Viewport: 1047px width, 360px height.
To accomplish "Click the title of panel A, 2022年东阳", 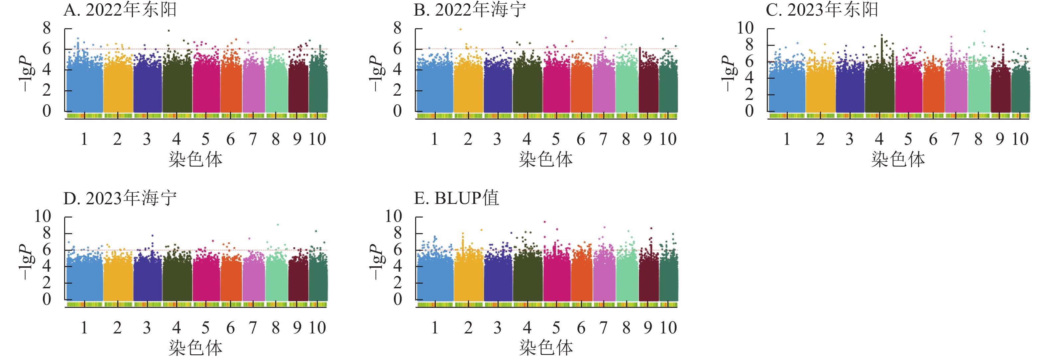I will tap(120, 10).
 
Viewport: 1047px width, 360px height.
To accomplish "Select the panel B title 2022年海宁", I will tap(470, 10).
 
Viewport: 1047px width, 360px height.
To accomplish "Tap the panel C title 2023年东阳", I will tap(822, 10).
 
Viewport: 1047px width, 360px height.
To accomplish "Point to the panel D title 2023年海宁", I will tap(120, 198).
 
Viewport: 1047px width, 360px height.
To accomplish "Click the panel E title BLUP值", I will tap(456, 198).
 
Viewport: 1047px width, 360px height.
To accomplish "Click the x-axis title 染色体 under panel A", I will tap(195, 159).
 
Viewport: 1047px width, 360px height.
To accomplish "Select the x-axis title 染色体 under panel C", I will tap(898, 159).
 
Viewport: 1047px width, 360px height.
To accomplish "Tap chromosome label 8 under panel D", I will tap(276, 327).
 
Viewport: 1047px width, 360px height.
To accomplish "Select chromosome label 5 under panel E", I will tap(556, 327).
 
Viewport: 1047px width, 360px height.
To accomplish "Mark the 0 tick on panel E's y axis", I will tap(398, 300).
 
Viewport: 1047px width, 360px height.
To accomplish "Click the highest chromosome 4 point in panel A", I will tap(169, 31).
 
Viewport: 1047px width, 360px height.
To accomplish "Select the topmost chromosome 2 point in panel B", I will tap(460, 29).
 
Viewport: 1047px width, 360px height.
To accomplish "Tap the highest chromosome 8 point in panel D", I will tap(278, 225).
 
